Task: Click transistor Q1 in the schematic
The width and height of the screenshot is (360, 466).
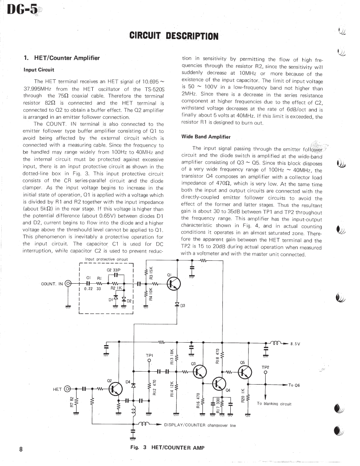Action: (x=174, y=284)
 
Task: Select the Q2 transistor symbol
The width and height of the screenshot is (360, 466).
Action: (x=116, y=389)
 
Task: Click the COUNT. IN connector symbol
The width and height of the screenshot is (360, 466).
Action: (x=69, y=284)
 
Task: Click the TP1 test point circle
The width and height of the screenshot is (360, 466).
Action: (x=149, y=361)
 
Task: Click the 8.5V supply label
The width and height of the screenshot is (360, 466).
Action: (x=295, y=344)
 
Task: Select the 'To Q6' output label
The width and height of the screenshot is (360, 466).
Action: (x=294, y=385)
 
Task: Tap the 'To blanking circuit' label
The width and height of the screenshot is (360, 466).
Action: (x=274, y=403)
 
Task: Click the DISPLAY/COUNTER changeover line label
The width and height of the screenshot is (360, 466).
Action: (x=200, y=425)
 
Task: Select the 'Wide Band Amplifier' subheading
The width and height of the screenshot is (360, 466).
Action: (x=206, y=137)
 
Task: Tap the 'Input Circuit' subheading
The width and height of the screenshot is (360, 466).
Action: (x=39, y=70)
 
